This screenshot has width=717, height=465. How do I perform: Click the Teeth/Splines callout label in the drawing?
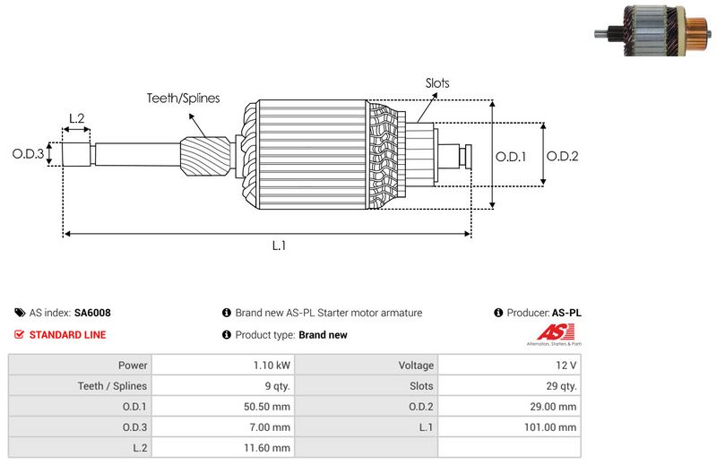183,99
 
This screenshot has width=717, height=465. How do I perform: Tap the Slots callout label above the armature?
437,83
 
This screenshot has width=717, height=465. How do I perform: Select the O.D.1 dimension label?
511,156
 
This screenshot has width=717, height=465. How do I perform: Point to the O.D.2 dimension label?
562,156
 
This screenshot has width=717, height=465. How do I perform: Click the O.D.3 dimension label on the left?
28,154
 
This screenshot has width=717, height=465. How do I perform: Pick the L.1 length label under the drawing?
279,245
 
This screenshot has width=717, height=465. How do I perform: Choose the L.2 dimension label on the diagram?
76,118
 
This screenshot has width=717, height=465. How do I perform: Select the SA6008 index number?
92,314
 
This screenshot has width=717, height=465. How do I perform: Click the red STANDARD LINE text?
67,335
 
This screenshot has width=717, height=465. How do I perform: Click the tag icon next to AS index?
20,314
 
